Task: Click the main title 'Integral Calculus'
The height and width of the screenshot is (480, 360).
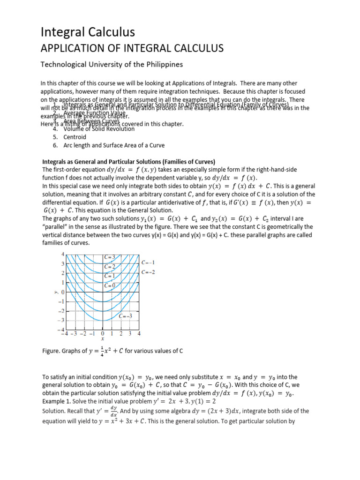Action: [x=88, y=32]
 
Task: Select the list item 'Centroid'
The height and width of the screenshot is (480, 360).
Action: [x=75, y=137]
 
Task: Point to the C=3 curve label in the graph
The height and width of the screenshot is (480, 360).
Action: [x=109, y=257]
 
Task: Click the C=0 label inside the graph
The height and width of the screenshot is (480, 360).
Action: [x=110, y=285]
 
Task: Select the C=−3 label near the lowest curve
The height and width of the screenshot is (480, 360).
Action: [x=125, y=316]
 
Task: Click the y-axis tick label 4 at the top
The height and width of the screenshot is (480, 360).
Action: [x=63, y=254]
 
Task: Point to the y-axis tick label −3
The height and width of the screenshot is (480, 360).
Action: [x=60, y=320]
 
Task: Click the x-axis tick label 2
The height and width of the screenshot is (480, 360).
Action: [x=121, y=334]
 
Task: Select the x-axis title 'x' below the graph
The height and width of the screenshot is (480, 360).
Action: [x=103, y=339]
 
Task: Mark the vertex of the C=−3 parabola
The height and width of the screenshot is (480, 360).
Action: [x=103, y=321]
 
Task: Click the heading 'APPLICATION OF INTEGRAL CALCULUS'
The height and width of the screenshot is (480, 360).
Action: [x=132, y=48]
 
